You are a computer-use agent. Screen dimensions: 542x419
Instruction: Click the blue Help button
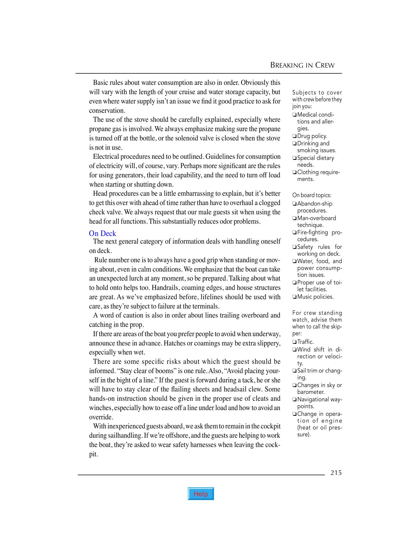coord(201,494)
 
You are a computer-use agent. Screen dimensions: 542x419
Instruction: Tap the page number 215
coord(336,473)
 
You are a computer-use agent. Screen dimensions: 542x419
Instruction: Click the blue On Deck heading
coord(102,233)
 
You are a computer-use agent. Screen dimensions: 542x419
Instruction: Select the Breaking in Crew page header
coord(302,65)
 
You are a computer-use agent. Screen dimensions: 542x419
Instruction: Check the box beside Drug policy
coord(294,136)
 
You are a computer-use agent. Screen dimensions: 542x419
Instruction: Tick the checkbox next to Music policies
coord(294,297)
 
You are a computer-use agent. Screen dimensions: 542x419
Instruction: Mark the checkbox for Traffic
coord(294,342)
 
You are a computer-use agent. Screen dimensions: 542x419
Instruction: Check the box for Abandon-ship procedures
coord(294,204)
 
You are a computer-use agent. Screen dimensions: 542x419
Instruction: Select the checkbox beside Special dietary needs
coord(294,158)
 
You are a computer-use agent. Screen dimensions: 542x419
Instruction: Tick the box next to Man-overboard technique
coord(294,218)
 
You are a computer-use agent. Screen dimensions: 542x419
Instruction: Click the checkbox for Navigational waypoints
coord(294,400)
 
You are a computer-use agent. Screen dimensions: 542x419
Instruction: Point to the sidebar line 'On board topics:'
coord(312,195)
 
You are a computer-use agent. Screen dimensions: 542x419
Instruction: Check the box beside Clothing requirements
coord(294,172)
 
